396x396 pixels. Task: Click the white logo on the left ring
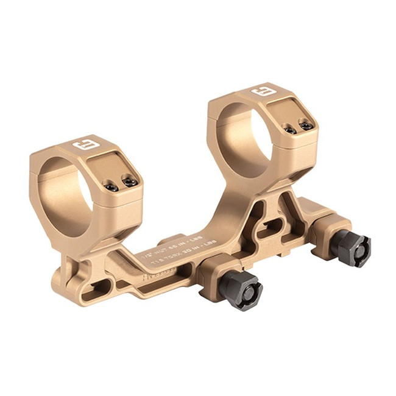pos(82,147)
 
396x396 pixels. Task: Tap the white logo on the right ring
pos(263,91)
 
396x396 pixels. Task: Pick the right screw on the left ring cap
pos(128,181)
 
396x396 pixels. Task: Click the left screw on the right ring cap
pos(291,130)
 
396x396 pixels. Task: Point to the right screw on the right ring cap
pos(305,125)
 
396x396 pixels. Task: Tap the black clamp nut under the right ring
pos(353,249)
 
